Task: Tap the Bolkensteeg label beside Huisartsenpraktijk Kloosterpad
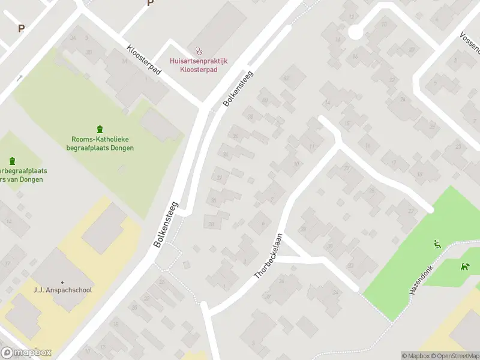(238, 89)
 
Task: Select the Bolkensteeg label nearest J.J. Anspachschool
(167, 224)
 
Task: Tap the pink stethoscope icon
(199, 51)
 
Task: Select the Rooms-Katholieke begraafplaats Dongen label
(100, 144)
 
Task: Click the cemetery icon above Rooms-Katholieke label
(100, 129)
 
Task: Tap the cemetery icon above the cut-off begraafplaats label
(12, 161)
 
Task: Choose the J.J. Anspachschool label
(62, 290)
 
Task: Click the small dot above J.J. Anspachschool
(62, 282)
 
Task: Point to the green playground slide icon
(437, 244)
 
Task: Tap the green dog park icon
(464, 266)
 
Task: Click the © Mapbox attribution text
(414, 356)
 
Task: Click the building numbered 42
(287, 78)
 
